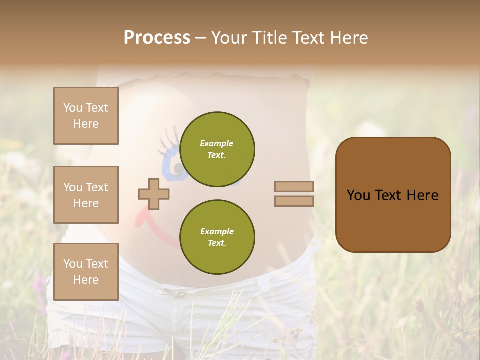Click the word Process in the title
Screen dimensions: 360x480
tap(157, 38)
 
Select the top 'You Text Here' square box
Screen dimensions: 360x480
tap(86, 116)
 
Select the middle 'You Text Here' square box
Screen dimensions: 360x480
tap(86, 195)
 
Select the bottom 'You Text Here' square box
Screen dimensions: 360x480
tap(86, 271)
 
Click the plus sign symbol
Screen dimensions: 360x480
tap(154, 194)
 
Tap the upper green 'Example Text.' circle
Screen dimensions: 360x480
tap(217, 149)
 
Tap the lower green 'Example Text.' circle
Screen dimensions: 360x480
tap(217, 237)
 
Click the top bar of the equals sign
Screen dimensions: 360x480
tap(294, 187)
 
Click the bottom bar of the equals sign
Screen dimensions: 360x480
tap(294, 201)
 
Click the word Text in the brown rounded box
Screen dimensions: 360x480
tap(390, 195)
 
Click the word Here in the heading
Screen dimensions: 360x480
tap(348, 38)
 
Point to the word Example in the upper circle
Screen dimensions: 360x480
tap(217, 144)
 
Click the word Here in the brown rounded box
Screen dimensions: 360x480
tap(422, 195)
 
